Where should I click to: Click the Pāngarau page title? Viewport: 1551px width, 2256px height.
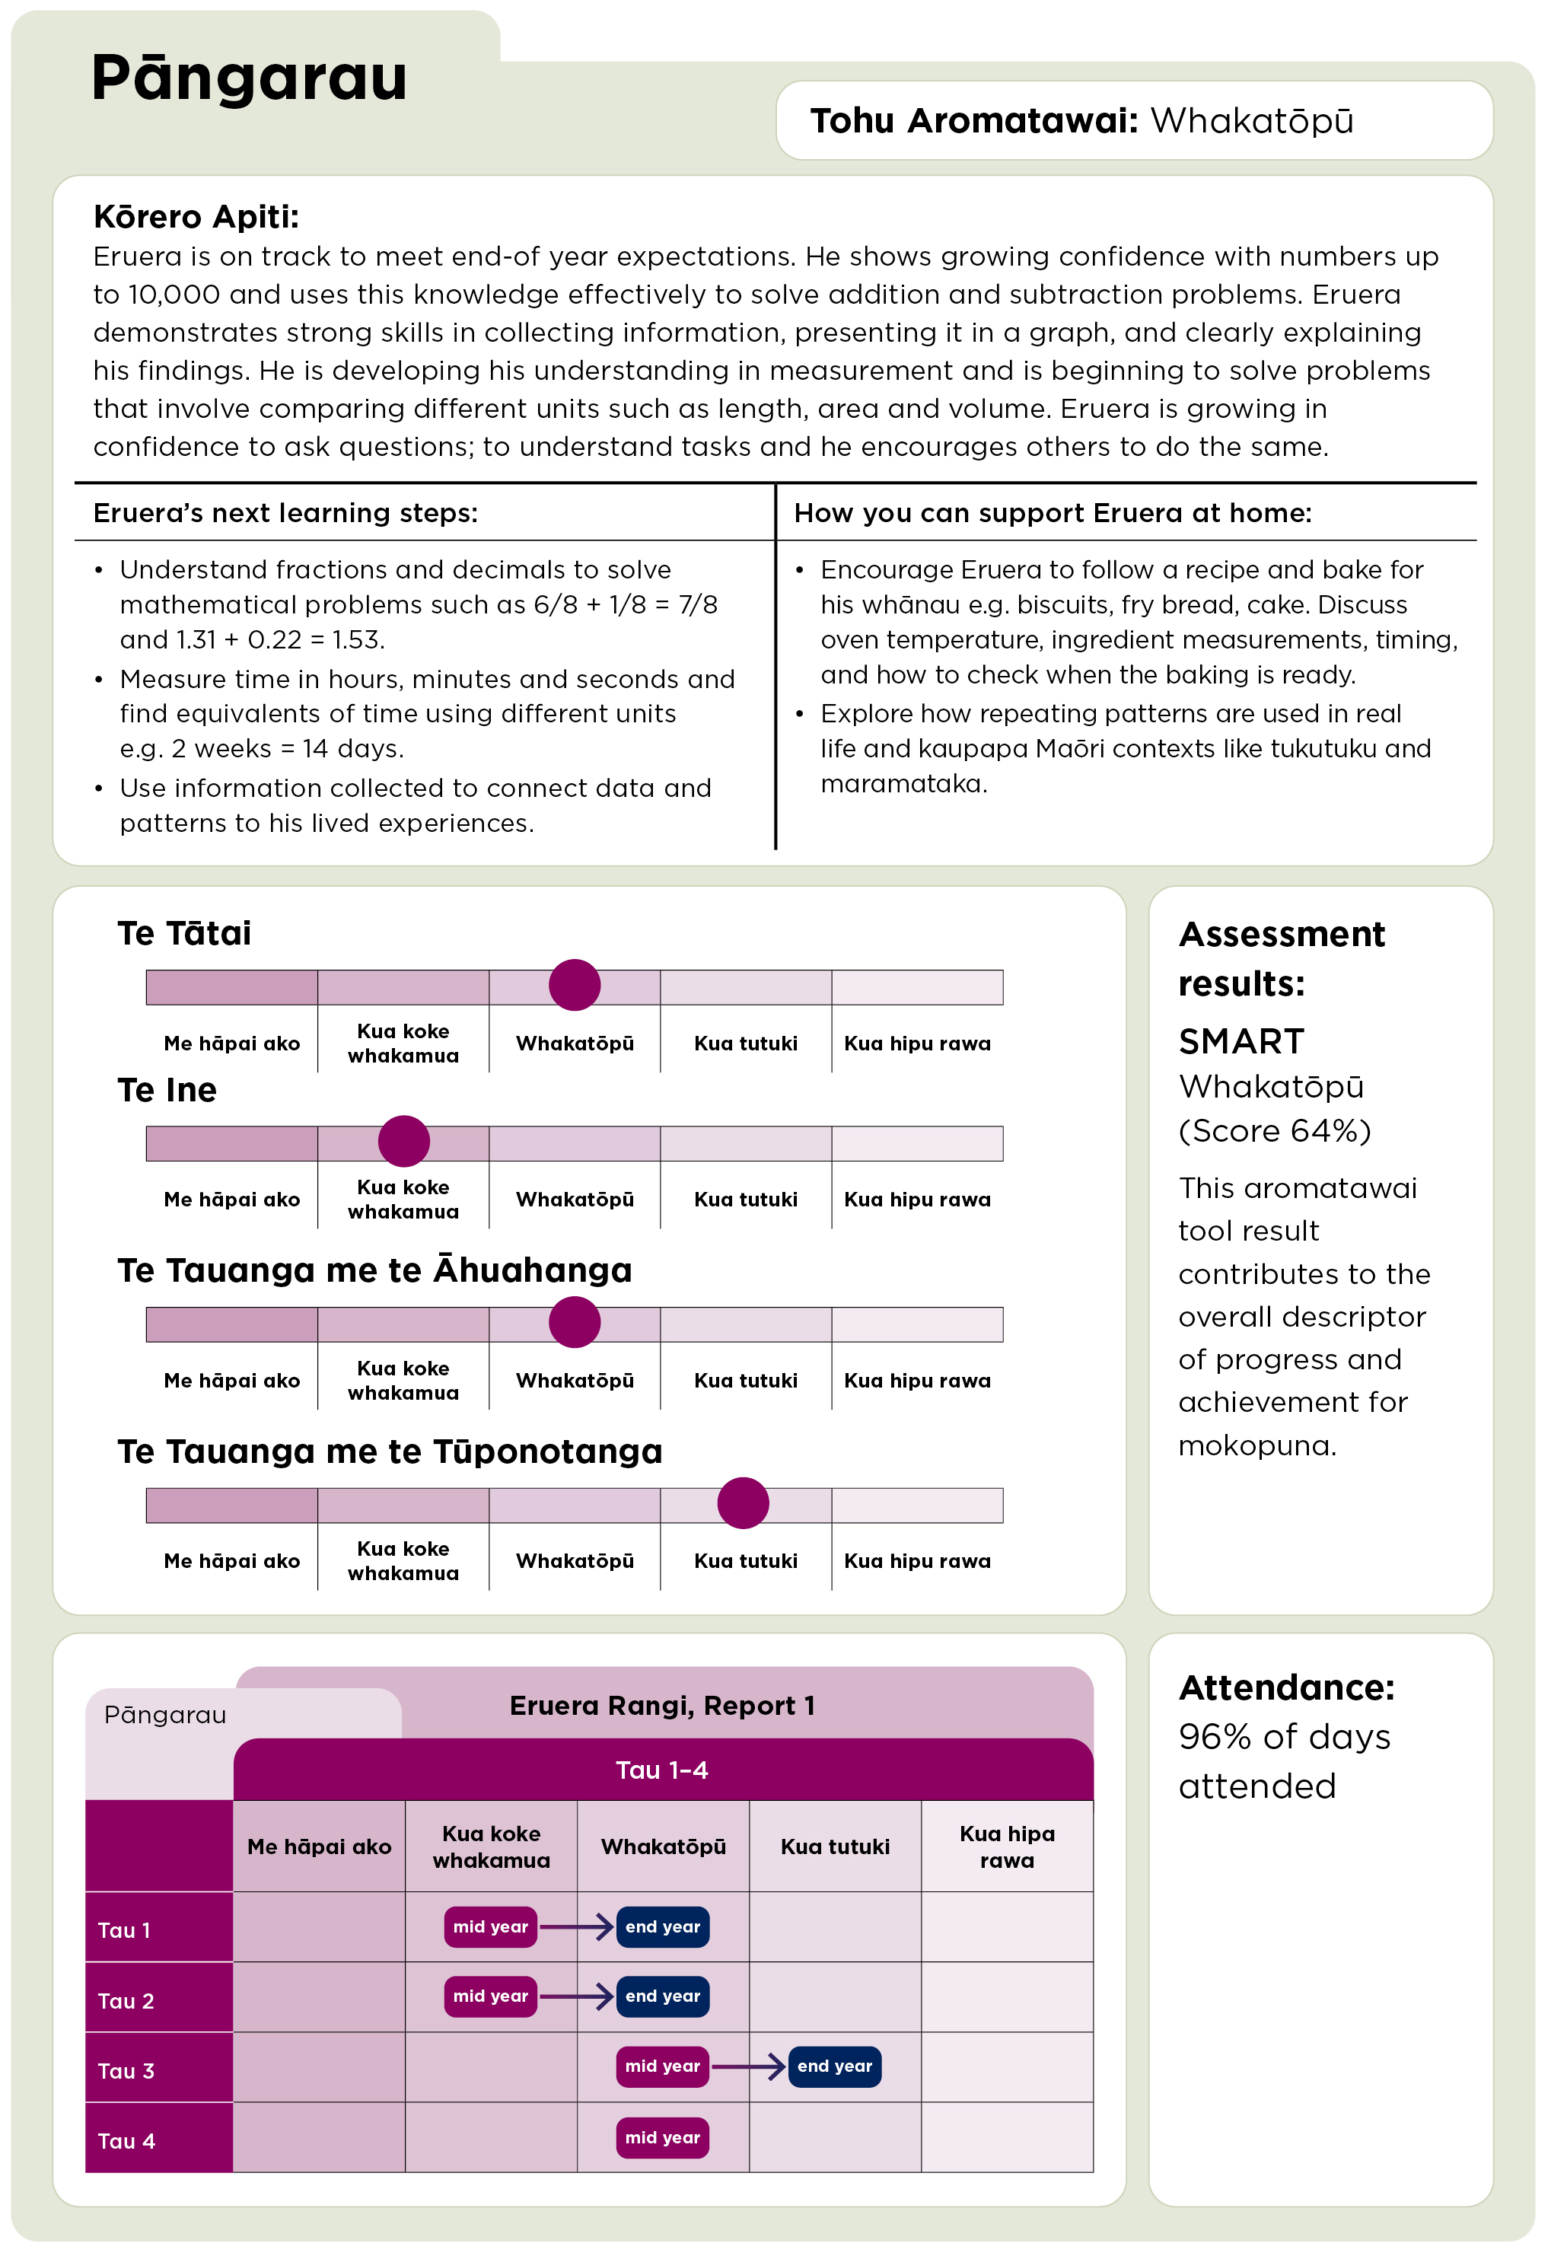(249, 78)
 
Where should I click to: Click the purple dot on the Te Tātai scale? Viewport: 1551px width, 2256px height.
(575, 985)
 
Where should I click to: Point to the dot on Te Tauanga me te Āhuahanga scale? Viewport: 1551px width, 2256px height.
(575, 1322)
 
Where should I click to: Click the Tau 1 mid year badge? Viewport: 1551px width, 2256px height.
(490, 1926)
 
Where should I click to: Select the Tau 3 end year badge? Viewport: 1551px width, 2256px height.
(834, 2066)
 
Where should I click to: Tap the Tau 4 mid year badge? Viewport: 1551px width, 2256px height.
(662, 2137)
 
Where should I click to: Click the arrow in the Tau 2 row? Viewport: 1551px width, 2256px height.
(576, 1996)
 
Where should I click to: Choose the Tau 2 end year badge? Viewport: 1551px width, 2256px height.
(662, 1996)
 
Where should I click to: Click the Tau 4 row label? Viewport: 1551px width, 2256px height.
(126, 2141)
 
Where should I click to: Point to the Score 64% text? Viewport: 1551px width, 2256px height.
(1274, 1130)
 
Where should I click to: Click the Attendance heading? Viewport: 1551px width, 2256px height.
(1285, 1688)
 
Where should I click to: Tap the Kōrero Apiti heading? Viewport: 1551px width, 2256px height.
(196, 217)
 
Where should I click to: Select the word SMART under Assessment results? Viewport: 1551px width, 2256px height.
(1241, 1042)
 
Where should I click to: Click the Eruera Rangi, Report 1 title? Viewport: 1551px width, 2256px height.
(662, 1706)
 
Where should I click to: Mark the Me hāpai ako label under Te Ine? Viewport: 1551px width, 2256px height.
(231, 1200)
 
